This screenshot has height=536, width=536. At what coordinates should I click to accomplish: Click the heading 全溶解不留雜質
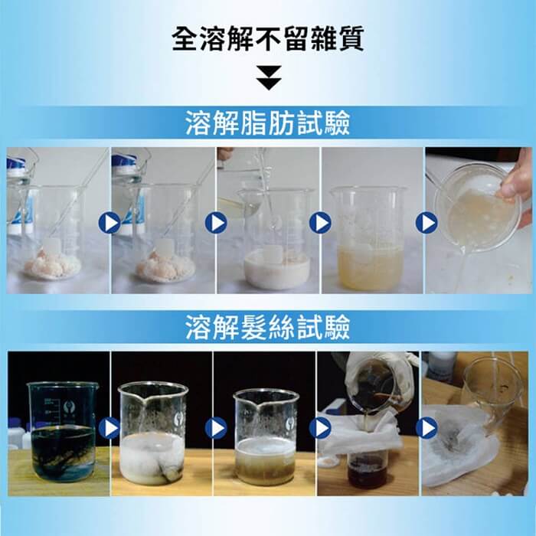pos(268,39)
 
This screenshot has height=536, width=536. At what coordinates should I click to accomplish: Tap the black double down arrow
pos(269,77)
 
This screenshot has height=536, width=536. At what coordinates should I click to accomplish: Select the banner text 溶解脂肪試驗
pos(268,123)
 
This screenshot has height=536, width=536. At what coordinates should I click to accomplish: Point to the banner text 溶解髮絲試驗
pos(268,327)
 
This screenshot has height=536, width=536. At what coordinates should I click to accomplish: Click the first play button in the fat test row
pos(109,223)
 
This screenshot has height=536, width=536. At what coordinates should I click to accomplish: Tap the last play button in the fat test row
pos(427,223)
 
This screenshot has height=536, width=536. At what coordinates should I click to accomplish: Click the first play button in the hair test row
pos(109,428)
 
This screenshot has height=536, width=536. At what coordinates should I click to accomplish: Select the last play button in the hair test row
pos(427,428)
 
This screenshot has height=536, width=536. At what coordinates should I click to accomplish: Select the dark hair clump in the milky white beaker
pos(170,472)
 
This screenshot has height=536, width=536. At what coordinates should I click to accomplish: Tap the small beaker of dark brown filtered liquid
pos(368,470)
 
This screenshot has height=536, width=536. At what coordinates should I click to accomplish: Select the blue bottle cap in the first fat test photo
pos(15,162)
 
